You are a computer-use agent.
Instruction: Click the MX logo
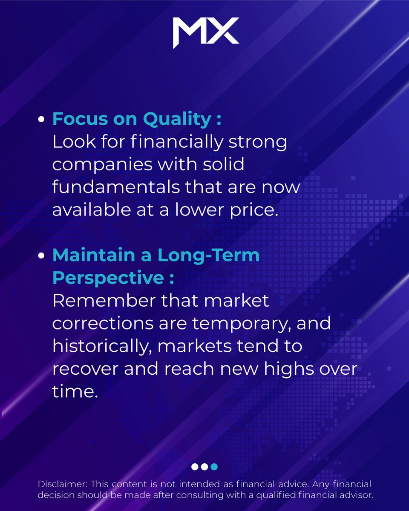click(206, 33)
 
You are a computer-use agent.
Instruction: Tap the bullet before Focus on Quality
click(41, 121)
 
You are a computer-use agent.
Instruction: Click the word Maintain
click(96, 255)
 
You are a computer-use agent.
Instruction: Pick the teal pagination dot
click(214, 467)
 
